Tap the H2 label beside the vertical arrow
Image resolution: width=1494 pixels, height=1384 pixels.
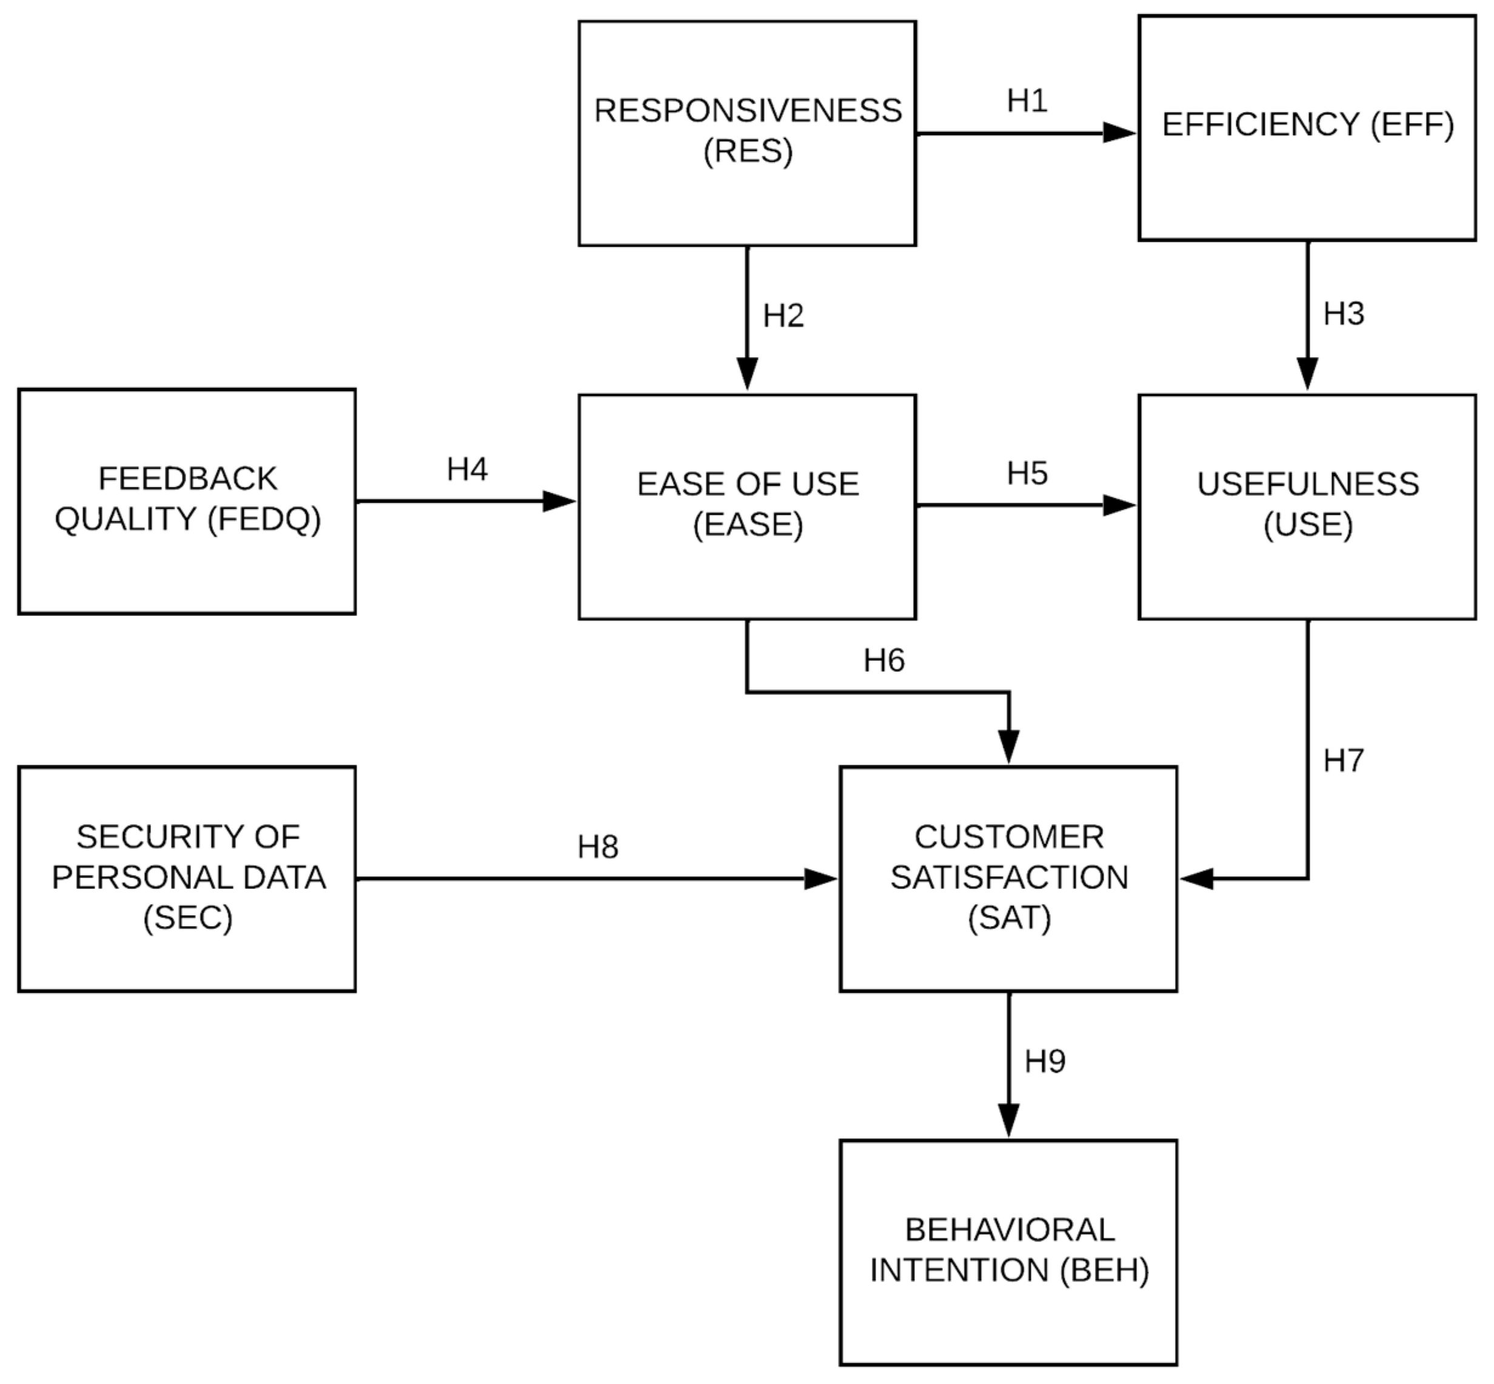[x=783, y=316]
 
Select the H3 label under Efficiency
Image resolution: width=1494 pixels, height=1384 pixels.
[x=1344, y=314]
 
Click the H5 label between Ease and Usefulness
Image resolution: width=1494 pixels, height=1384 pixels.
[x=1027, y=473]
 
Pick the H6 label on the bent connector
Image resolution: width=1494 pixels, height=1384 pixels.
[x=883, y=660]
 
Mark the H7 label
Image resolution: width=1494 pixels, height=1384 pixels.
[x=1344, y=761]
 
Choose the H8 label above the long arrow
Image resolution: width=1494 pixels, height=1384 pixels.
[x=598, y=847]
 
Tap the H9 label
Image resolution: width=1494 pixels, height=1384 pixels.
[x=1045, y=1061]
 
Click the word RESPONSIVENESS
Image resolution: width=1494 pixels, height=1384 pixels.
[x=748, y=111]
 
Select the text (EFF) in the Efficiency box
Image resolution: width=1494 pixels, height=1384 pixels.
[x=1412, y=124]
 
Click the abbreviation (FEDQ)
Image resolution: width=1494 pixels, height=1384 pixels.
[x=264, y=519]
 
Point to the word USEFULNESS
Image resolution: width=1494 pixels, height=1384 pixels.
[x=1307, y=484]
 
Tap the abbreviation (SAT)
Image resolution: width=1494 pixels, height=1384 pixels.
[x=1009, y=918]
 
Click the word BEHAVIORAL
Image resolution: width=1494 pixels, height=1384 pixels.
[x=1009, y=1230]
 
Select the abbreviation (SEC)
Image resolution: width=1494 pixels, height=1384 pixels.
[x=187, y=918]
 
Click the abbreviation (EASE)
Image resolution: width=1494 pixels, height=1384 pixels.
[x=748, y=524]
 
